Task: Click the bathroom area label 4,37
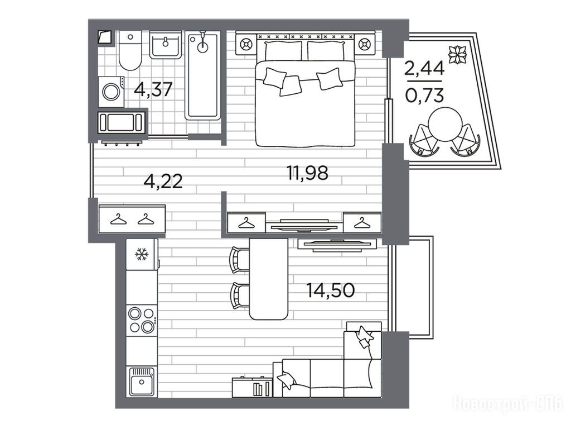point(153,89)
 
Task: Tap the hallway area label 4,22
point(163,182)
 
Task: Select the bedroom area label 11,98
point(308,173)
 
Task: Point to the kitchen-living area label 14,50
point(331,290)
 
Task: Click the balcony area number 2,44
point(424,68)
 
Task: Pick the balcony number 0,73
point(424,96)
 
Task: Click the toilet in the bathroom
point(129,51)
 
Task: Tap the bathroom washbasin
point(166,45)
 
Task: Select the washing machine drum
point(111,92)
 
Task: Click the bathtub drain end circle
point(202,47)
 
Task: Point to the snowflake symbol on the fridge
point(141,254)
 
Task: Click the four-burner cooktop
point(142,320)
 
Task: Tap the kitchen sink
point(142,382)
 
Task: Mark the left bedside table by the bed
point(246,45)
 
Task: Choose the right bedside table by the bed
point(364,45)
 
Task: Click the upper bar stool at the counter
point(240,259)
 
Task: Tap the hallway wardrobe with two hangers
point(132,220)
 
